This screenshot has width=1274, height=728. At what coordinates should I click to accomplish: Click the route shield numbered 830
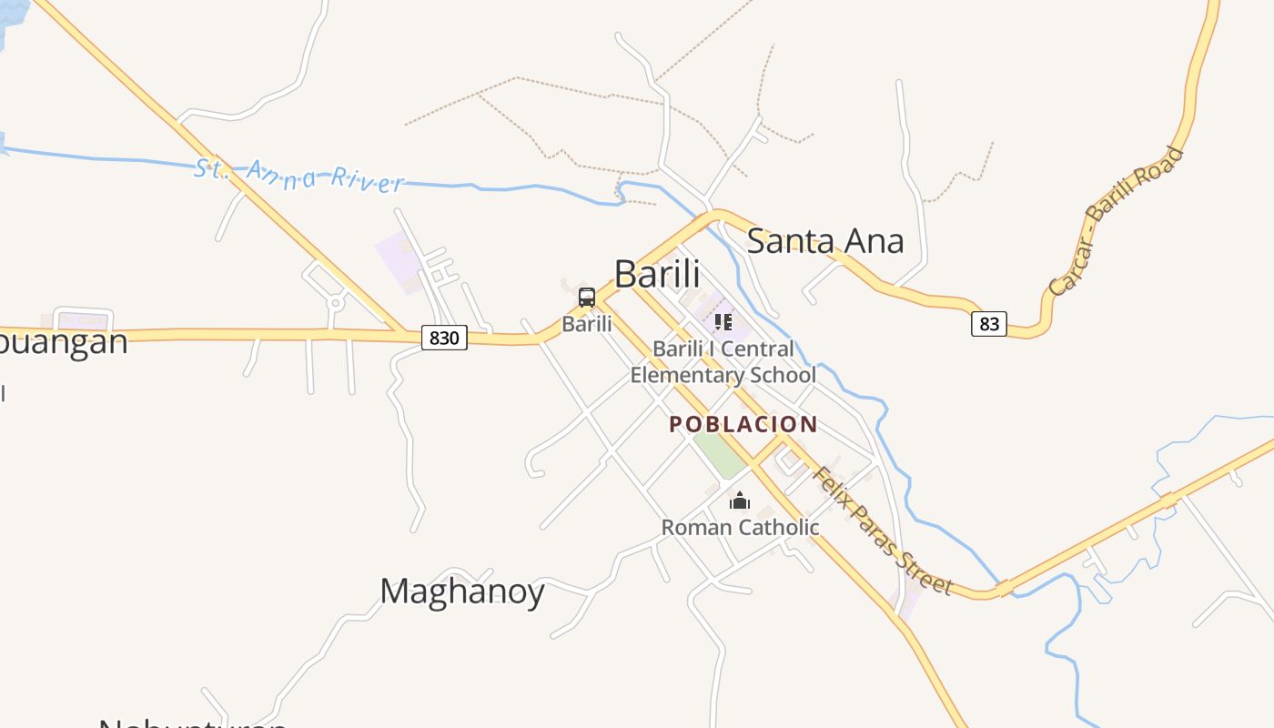pyautogui.click(x=444, y=338)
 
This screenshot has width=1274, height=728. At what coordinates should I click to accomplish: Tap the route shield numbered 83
pyautogui.click(x=989, y=323)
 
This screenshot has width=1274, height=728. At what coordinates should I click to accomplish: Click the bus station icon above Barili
pyautogui.click(x=587, y=298)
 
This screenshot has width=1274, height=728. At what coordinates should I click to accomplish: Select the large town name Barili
pyautogui.click(x=657, y=274)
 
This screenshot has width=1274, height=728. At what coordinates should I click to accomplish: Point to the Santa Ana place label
pyautogui.click(x=825, y=241)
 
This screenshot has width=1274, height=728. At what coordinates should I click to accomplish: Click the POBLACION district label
pyautogui.click(x=743, y=424)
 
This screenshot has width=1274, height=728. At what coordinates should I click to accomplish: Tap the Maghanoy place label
pyautogui.click(x=462, y=591)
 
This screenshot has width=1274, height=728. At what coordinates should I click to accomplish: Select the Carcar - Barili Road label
pyautogui.click(x=1117, y=220)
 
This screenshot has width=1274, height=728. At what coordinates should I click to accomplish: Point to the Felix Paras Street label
pyautogui.click(x=882, y=531)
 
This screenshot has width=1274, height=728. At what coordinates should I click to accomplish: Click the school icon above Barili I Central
pyautogui.click(x=723, y=322)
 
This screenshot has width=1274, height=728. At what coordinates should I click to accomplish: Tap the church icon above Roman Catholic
pyautogui.click(x=740, y=501)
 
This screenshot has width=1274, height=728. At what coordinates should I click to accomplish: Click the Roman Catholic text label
pyautogui.click(x=740, y=527)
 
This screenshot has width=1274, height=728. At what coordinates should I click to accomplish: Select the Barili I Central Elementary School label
pyautogui.click(x=723, y=362)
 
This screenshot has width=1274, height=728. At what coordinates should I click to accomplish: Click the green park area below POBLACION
pyautogui.click(x=721, y=454)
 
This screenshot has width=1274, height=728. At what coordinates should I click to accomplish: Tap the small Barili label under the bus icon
pyautogui.click(x=587, y=323)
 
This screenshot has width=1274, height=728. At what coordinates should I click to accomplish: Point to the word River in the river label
pyautogui.click(x=366, y=179)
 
